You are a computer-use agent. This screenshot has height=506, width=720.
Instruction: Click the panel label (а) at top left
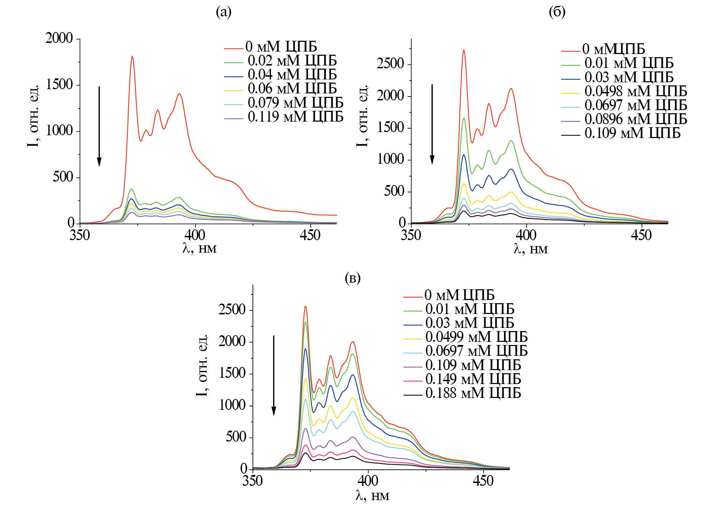click(x=223, y=13)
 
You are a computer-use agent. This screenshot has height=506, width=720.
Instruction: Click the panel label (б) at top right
click(x=557, y=13)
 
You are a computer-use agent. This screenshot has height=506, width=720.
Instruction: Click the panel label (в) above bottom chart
click(x=352, y=278)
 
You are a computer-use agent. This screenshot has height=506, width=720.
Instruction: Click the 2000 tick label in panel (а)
click(x=59, y=38)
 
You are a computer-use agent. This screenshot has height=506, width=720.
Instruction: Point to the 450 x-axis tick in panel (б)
click(x=641, y=236)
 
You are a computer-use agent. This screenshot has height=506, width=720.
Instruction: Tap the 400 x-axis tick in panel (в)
click(x=368, y=481)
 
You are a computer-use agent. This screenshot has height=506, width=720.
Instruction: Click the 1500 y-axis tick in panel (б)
click(x=390, y=128)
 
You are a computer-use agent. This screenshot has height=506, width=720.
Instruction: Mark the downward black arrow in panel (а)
click(x=99, y=126)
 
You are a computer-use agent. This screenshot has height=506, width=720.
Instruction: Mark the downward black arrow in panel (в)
click(x=274, y=375)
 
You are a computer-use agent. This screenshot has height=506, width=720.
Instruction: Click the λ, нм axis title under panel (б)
click(x=530, y=249)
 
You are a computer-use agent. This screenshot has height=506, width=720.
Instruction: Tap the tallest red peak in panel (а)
click(x=132, y=56)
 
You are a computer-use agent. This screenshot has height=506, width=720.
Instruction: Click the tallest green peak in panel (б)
click(x=464, y=118)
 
